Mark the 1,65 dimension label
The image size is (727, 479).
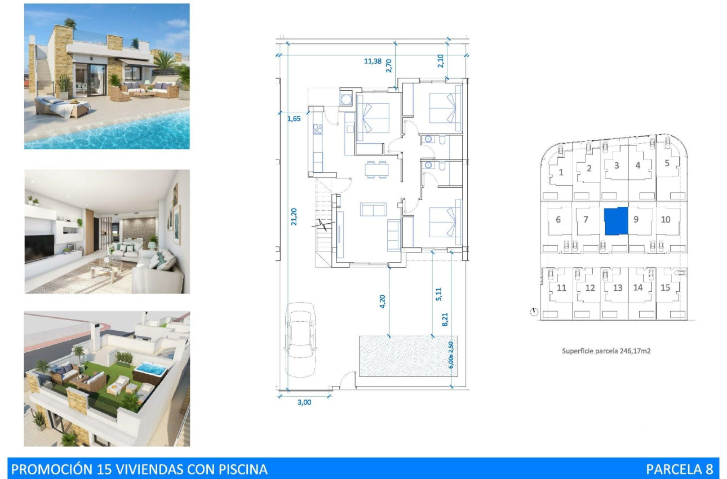pos(294,118)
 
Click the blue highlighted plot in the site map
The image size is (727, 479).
pos(615,221)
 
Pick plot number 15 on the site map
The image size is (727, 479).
pos(666,287)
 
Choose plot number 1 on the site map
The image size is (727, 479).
pos(561,172)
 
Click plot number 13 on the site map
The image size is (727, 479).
pos(618,288)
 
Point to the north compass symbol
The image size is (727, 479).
pos(534,311)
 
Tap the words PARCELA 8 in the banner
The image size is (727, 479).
pos(679,469)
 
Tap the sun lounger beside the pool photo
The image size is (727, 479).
pos(59,106)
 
